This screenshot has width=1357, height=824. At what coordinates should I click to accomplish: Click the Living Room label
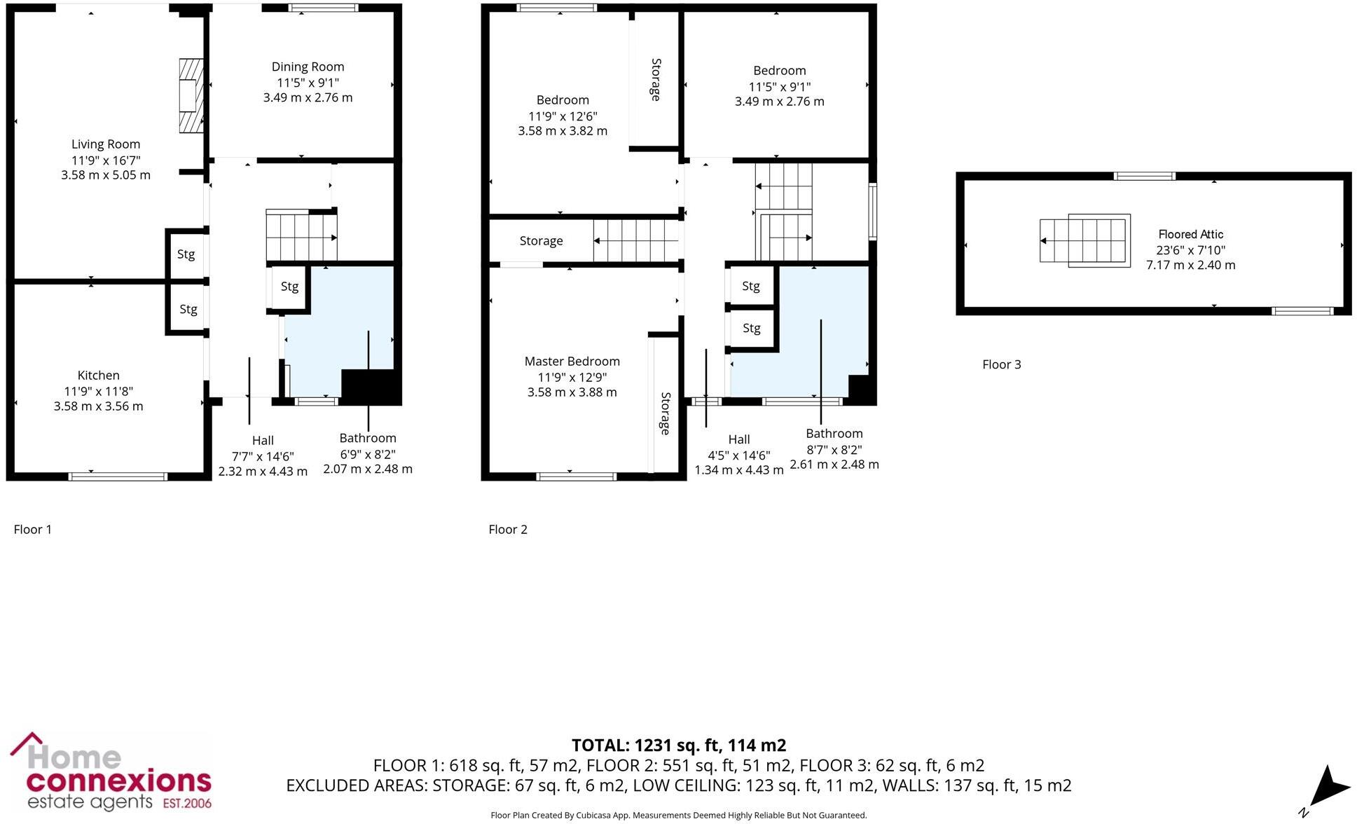click(x=106, y=144)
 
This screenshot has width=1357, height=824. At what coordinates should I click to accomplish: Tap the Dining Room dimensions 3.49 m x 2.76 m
click(x=308, y=98)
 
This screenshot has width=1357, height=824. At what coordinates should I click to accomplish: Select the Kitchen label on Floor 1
click(x=98, y=376)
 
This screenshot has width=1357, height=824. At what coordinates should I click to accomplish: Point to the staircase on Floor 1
click(x=301, y=235)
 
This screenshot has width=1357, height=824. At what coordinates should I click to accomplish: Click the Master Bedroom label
click(x=572, y=362)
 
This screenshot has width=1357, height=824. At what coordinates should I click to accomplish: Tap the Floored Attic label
click(x=1190, y=235)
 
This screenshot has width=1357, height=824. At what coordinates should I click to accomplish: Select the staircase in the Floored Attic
click(x=1084, y=240)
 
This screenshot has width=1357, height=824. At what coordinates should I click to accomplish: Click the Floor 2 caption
click(x=507, y=530)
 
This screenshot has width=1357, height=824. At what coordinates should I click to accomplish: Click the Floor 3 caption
click(x=1001, y=364)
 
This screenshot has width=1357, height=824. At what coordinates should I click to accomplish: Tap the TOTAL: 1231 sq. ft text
click(x=678, y=746)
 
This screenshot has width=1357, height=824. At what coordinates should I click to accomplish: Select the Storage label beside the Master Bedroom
click(x=665, y=413)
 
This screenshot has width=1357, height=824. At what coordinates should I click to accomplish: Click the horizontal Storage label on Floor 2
click(x=541, y=241)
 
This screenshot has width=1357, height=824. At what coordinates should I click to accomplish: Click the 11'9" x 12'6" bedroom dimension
click(x=563, y=116)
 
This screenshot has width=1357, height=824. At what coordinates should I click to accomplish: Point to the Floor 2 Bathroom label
click(x=834, y=434)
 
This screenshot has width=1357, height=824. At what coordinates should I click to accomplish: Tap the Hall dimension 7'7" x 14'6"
click(x=263, y=456)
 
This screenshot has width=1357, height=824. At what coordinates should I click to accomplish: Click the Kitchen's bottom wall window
click(x=118, y=477)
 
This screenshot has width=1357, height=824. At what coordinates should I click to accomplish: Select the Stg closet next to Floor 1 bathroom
click(x=289, y=287)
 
